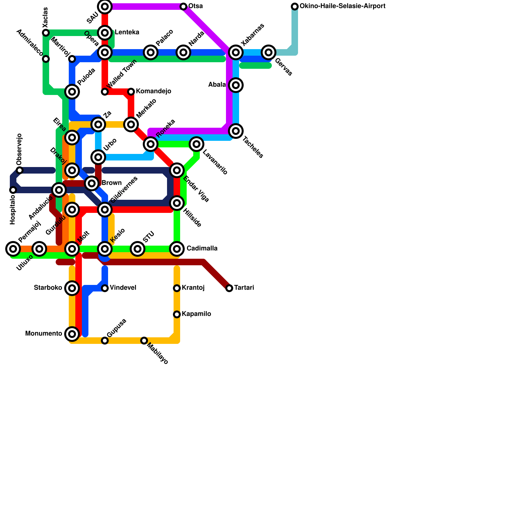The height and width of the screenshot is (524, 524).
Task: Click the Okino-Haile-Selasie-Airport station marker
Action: [x=295, y=7]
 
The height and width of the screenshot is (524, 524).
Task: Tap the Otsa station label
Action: [x=196, y=6]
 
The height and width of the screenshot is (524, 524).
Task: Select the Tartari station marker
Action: [x=229, y=288]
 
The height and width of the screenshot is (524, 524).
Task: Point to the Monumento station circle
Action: [x=72, y=334]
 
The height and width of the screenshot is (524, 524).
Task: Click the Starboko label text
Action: [x=48, y=288]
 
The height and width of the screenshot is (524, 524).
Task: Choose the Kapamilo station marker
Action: [x=177, y=314]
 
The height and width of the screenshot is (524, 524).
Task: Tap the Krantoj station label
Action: [x=193, y=288]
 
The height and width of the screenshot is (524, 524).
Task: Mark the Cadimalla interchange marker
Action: [x=177, y=249]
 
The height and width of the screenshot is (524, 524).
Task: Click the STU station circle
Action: [x=138, y=249]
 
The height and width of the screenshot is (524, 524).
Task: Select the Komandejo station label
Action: [x=154, y=91]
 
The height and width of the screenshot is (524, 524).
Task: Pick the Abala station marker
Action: [x=236, y=85]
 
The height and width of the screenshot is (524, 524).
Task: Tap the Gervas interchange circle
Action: [x=269, y=52]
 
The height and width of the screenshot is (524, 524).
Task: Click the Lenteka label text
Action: [x=127, y=32]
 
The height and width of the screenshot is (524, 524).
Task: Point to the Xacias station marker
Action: [x=46, y=33]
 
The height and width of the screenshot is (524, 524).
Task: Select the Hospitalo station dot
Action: [x=13, y=190]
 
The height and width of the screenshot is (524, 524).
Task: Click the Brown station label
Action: [x=111, y=183]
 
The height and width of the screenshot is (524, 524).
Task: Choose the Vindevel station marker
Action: [x=105, y=288]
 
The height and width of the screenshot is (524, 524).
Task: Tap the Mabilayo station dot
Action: [x=144, y=341]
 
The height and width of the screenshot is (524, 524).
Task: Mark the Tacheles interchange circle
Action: [x=236, y=131]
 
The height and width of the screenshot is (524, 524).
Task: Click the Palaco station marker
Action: [x=151, y=52]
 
